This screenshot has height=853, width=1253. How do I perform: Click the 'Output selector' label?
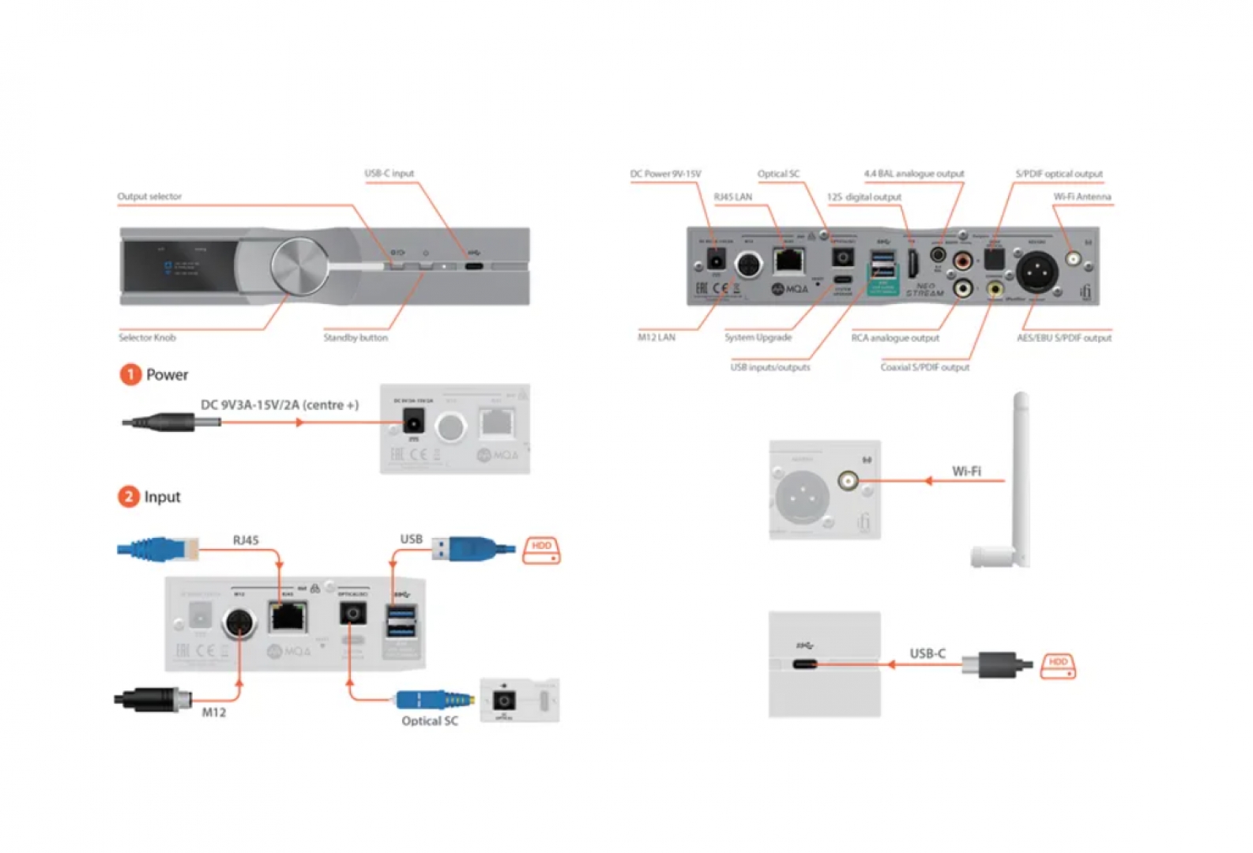(x=149, y=197)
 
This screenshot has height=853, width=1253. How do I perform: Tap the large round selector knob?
(x=299, y=265)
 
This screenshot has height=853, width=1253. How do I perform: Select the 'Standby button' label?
(x=356, y=338)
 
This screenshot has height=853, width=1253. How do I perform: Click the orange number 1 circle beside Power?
(x=130, y=374)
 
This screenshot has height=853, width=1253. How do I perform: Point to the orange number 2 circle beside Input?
(x=129, y=497)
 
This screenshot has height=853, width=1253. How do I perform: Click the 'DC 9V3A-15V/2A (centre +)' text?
(x=280, y=405)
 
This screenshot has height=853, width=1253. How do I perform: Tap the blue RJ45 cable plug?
(x=158, y=548)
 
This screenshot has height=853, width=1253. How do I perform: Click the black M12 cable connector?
(x=155, y=699)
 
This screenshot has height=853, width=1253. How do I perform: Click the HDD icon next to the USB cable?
(x=541, y=551)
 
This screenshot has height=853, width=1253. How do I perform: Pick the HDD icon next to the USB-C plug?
(x=1058, y=665)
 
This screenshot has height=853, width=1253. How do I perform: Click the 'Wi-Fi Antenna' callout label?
(x=1082, y=197)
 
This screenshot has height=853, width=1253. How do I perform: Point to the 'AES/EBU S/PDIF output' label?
(x=1063, y=338)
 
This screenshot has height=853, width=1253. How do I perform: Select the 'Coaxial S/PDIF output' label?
(x=924, y=367)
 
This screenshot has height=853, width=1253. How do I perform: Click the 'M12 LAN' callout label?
(x=657, y=337)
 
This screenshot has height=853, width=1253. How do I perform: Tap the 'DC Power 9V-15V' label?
(x=665, y=174)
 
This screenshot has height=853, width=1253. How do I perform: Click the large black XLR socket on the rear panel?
(x=1037, y=272)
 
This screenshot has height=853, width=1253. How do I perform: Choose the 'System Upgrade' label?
(x=758, y=338)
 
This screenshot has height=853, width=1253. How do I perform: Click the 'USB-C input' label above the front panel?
(x=389, y=174)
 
